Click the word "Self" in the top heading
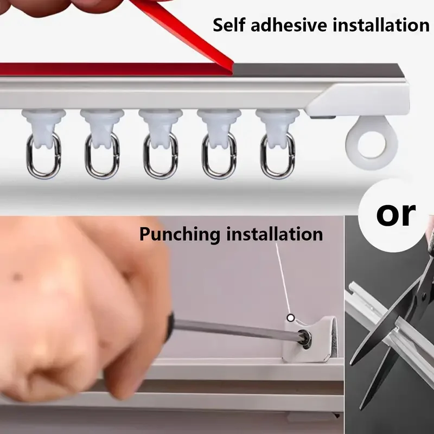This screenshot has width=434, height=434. coord(229,25)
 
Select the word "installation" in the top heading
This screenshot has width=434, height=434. coord(381,25)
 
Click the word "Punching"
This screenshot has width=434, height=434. coord(180,234)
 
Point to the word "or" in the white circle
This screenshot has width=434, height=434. coord(396,214)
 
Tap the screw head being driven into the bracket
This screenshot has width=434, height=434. coord(306,339)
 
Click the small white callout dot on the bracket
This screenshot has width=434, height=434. coord(290,318)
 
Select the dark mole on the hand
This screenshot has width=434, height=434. coord(18,277)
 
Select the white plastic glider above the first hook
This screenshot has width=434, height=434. coord(44,125)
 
